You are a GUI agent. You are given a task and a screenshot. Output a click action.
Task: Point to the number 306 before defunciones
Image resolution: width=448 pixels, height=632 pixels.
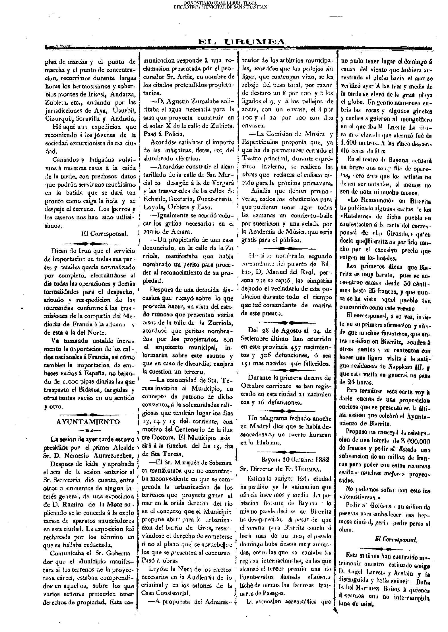tap(265, 355)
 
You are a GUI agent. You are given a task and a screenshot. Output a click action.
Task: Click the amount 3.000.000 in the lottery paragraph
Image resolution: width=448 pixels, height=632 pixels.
tap(414, 441)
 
